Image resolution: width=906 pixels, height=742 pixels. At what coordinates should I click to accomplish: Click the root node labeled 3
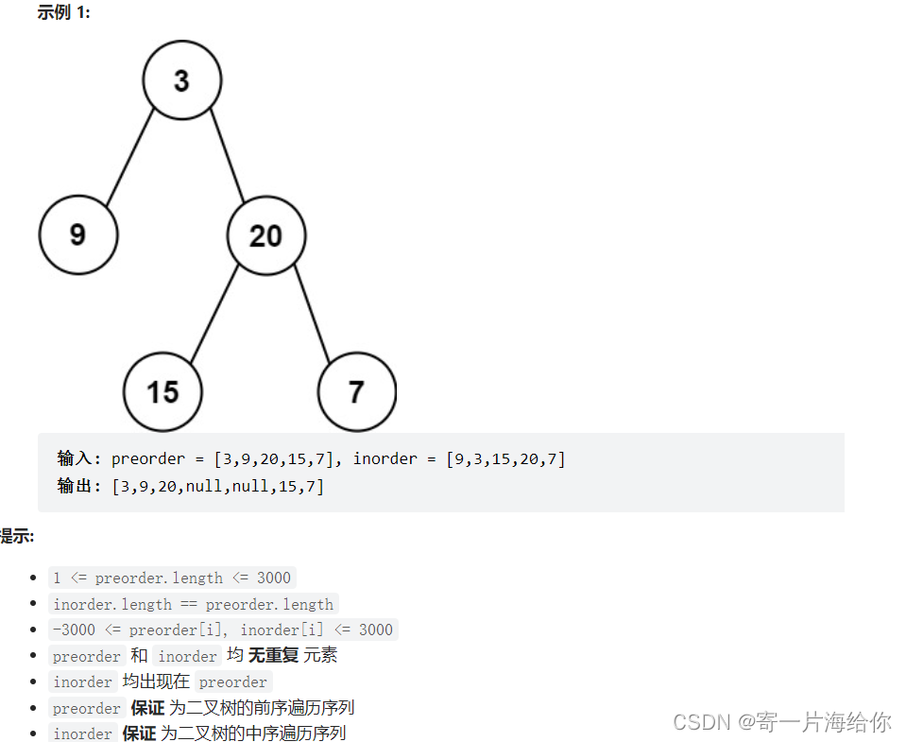coord(182,80)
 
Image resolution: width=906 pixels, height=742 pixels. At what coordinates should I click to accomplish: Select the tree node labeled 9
coord(77,234)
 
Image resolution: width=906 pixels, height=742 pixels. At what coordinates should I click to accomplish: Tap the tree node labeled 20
coord(265,235)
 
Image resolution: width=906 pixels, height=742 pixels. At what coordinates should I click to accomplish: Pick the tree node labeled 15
coord(162,391)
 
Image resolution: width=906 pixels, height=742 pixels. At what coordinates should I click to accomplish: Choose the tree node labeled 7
coord(356,391)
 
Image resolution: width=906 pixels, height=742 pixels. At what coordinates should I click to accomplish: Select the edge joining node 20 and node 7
coord(312,314)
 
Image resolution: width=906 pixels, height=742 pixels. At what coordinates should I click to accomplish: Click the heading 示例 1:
coord(63,13)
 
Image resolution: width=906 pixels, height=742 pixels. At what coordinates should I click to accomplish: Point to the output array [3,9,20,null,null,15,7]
coord(217,487)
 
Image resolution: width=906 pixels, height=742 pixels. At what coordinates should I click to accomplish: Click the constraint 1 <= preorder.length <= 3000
coord(172,578)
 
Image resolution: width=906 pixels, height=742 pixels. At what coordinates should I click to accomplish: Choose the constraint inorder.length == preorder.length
coord(193,604)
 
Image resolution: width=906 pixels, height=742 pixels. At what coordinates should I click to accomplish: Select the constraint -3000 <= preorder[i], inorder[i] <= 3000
coord(223,630)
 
